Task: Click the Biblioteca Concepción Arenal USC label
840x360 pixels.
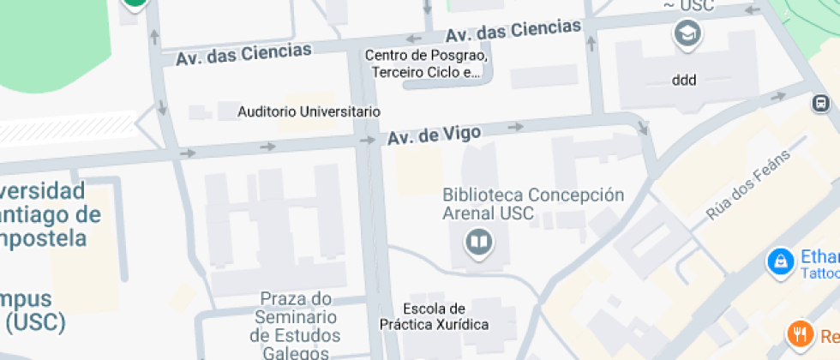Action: coord(533,204)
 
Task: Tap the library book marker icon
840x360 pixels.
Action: coord(478,243)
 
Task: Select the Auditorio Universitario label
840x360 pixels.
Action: coord(309,111)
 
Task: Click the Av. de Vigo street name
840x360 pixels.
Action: coord(434,135)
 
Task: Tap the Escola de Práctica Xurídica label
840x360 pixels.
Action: coord(434,316)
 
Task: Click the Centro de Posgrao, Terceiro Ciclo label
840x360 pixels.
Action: coord(426,64)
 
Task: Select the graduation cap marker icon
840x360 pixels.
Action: coord(687,34)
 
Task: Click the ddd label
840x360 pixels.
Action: coord(684,81)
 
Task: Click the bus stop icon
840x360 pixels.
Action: coord(820,104)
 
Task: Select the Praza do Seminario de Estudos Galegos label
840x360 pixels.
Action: coord(295,326)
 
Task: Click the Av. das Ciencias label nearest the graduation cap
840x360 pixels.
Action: coord(513,32)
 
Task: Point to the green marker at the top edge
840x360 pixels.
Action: coord(135,3)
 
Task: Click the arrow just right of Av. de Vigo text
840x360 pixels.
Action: coord(515,127)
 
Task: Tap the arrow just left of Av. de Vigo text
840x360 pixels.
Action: coord(367,140)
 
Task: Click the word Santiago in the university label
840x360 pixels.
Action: coord(51,213)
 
